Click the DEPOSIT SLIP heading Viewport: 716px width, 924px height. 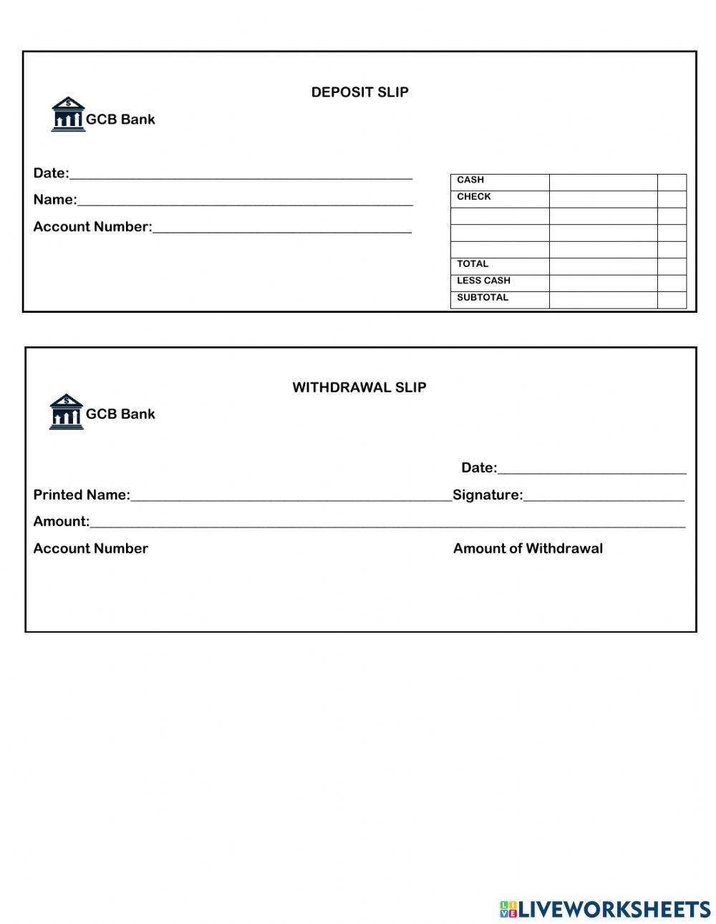point(359,92)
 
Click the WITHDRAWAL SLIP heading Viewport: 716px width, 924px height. point(359,387)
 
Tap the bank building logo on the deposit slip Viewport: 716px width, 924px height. point(67,115)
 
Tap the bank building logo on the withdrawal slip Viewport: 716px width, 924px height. point(66,412)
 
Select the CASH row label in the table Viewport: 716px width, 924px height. point(470,180)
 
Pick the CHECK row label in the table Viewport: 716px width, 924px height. point(474,197)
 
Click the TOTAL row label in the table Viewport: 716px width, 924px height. point(473,264)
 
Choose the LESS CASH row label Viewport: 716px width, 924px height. point(483,281)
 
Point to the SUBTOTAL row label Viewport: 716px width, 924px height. point(483,298)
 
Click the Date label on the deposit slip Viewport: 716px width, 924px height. point(51,173)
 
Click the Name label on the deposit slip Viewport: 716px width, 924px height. point(54,200)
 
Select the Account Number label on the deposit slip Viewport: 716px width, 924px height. point(92,227)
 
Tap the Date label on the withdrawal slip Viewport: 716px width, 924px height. point(478,468)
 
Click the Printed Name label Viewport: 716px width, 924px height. point(82,495)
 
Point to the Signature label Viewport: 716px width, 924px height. point(488,495)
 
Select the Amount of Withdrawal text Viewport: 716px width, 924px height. point(528,549)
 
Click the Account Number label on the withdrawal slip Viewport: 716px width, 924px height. point(90,549)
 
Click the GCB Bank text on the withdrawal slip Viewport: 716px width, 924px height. point(120,414)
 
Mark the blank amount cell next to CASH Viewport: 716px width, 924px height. point(603,182)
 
